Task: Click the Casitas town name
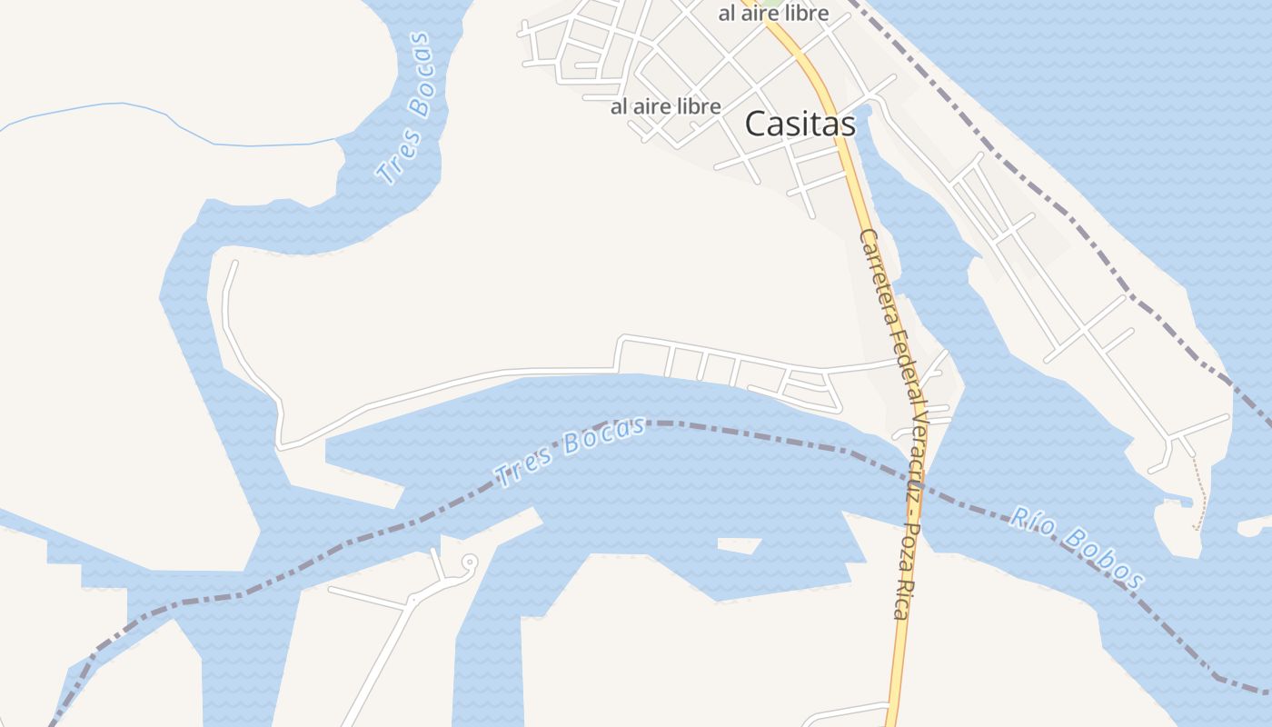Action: (x=800, y=124)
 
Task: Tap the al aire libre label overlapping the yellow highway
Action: (x=773, y=13)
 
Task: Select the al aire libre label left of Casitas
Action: (x=665, y=106)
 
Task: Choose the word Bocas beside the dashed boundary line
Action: (x=602, y=435)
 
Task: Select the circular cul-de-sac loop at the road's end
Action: (x=469, y=563)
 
